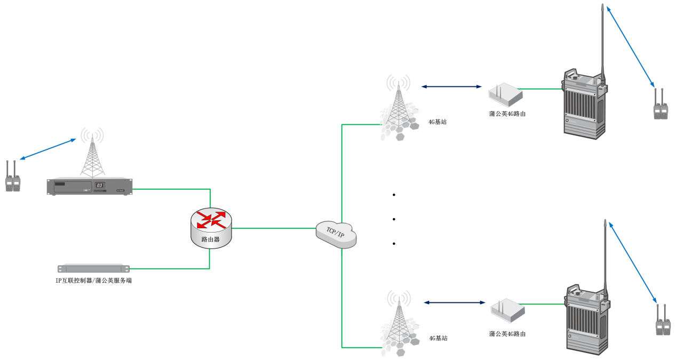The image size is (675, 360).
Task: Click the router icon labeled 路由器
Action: [211, 227]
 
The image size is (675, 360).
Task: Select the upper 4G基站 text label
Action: [438, 122]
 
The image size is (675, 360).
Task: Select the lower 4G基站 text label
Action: [438, 338]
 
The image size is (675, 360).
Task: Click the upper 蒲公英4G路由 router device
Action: [505, 94]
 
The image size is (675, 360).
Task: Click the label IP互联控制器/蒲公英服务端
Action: [94, 281]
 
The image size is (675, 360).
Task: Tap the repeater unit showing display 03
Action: [89, 187]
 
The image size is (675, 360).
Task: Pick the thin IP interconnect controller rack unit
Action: [94, 268]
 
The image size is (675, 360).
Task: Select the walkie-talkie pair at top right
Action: [661, 105]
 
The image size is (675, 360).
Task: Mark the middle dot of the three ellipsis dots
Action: [394, 219]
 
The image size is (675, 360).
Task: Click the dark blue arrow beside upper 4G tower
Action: [451, 86]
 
